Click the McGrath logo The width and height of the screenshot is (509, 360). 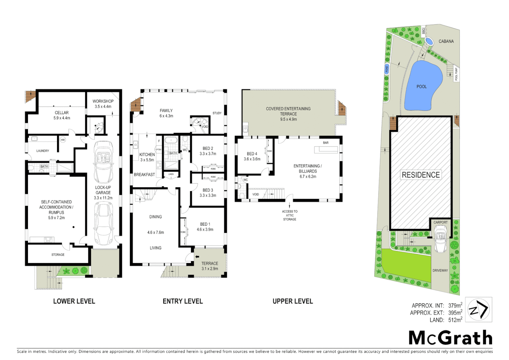[450, 338]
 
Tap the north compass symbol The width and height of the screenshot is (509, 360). [478, 310]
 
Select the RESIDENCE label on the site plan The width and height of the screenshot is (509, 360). [421, 175]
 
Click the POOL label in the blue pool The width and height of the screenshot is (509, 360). [421, 87]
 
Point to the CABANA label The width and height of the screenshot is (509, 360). [446, 41]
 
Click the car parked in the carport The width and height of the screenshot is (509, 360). [440, 239]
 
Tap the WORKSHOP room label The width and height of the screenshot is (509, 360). [103, 101]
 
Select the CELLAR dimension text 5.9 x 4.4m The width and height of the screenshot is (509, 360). [62, 118]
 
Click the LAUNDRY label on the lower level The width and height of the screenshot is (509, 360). [43, 151]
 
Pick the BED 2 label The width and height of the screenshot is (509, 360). [208, 149]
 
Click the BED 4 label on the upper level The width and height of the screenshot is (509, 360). [252, 154]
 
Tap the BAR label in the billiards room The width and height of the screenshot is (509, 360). [325, 143]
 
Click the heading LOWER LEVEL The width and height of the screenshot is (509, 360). [74, 301]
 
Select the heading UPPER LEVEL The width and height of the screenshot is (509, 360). [292, 301]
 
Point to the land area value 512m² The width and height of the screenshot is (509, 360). [455, 320]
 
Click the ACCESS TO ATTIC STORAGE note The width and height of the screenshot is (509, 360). [290, 215]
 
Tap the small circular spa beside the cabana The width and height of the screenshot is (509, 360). [429, 42]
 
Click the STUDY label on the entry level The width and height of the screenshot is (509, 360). [217, 113]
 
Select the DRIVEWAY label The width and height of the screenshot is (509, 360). [440, 271]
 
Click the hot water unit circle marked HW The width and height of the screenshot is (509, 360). [63, 140]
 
